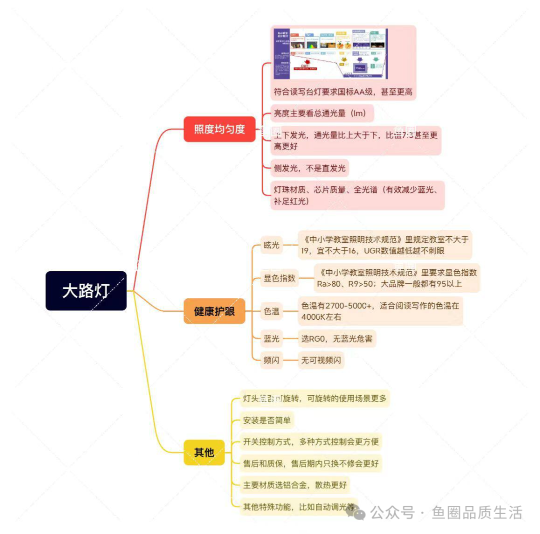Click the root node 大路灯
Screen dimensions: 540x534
86,291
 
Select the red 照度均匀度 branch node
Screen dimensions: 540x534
219,129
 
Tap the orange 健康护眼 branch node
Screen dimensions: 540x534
214,311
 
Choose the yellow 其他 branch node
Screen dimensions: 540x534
204,453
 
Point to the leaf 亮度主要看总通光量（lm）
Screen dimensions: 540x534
322,113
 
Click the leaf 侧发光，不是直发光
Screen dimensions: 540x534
309,168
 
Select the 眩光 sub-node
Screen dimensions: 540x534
271,245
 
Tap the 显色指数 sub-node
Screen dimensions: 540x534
279,278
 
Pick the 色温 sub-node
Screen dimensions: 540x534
271,311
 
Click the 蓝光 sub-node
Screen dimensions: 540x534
271,339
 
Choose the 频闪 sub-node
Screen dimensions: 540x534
271,360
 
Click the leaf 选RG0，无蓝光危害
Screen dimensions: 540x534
336,339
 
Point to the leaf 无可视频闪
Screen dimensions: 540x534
321,360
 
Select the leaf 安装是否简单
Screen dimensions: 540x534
266,420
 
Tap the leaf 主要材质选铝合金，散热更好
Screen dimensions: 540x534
295,485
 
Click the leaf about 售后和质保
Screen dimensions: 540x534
310,463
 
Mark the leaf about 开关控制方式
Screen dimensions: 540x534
310,442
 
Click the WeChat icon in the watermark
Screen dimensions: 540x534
358,513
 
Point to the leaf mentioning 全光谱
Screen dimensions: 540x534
357,195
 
